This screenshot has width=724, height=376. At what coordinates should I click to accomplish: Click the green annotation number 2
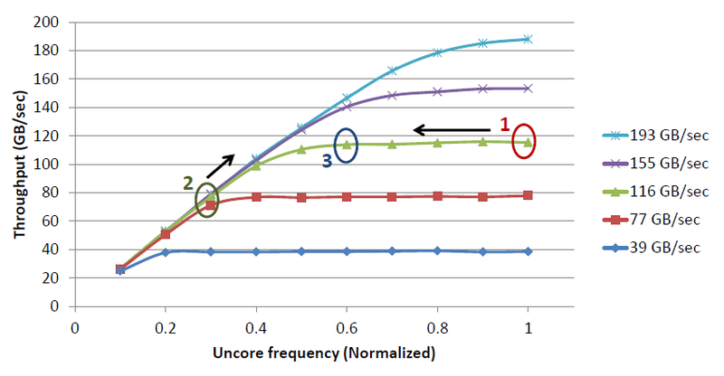coord(188,182)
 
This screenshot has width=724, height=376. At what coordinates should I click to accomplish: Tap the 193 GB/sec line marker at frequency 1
coord(528,39)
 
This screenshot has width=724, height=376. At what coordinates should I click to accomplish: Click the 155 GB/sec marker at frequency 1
coord(528,88)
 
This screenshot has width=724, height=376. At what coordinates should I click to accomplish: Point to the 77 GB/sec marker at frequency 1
coord(528,195)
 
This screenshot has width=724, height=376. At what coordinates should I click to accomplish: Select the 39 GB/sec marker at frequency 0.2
coord(165,252)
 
